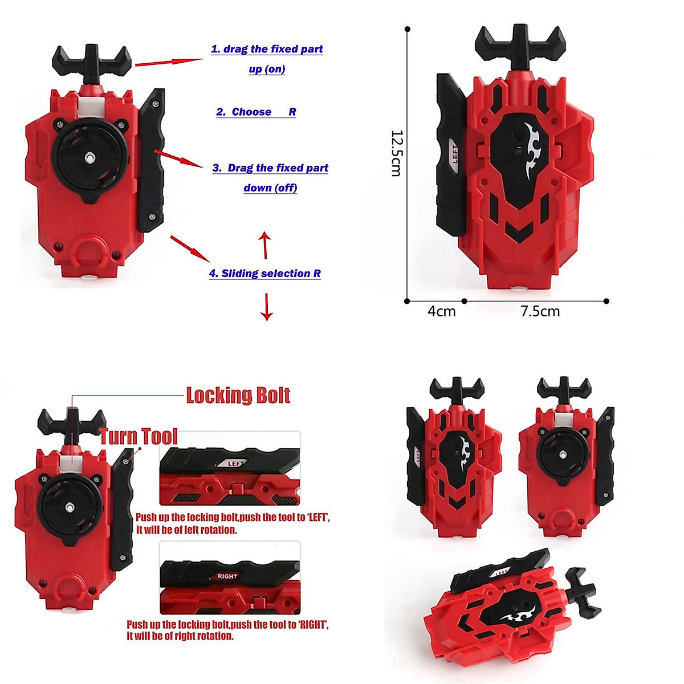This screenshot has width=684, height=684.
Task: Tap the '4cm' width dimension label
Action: tap(442, 311)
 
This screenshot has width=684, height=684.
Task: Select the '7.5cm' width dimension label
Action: tap(540, 311)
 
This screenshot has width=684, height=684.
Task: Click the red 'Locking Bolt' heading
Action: tap(238, 395)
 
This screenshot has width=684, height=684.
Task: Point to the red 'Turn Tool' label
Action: tap(139, 437)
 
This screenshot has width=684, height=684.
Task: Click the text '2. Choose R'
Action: tap(256, 112)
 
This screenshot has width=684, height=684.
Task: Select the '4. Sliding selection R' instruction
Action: tap(264, 274)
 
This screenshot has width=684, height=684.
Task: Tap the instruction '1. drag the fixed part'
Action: tap(267, 49)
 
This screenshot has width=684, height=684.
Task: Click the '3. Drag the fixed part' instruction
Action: tap(270, 168)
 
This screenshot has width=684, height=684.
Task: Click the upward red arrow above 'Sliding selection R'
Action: tap(264, 244)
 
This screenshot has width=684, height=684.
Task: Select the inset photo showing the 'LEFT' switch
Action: tap(230, 469)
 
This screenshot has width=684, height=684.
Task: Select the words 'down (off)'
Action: tap(270, 188)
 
